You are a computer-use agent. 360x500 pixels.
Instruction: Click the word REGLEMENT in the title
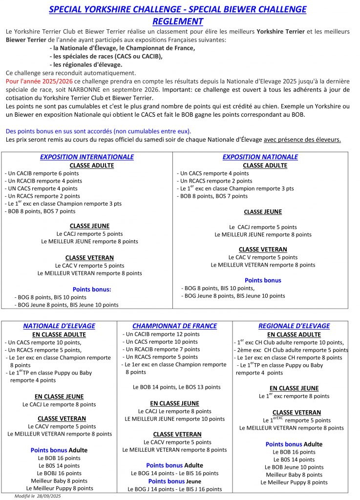(x=178, y=21)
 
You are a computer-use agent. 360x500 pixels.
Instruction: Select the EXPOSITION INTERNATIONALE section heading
(x=87, y=157)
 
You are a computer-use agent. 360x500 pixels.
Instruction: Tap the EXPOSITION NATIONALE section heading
(x=260, y=157)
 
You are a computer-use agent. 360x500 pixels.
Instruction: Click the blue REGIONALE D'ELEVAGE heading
(x=294, y=326)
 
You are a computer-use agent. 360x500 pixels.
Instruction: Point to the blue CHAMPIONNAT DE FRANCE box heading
(x=174, y=326)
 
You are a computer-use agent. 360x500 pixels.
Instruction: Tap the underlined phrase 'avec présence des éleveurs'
(x=302, y=140)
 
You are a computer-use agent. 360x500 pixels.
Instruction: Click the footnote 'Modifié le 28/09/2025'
(x=38, y=496)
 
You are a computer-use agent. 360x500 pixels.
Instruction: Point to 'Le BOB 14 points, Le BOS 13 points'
(x=177, y=387)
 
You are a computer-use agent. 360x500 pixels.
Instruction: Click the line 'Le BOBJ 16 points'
(x=59, y=473)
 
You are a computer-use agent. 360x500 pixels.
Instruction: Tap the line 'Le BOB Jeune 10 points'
(x=294, y=467)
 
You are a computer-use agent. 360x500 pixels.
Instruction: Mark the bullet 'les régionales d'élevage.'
(x=86, y=64)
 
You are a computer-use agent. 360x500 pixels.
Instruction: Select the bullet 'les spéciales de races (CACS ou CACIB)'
(x=106, y=56)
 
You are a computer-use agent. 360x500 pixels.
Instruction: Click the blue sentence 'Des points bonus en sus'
(x=99, y=131)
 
